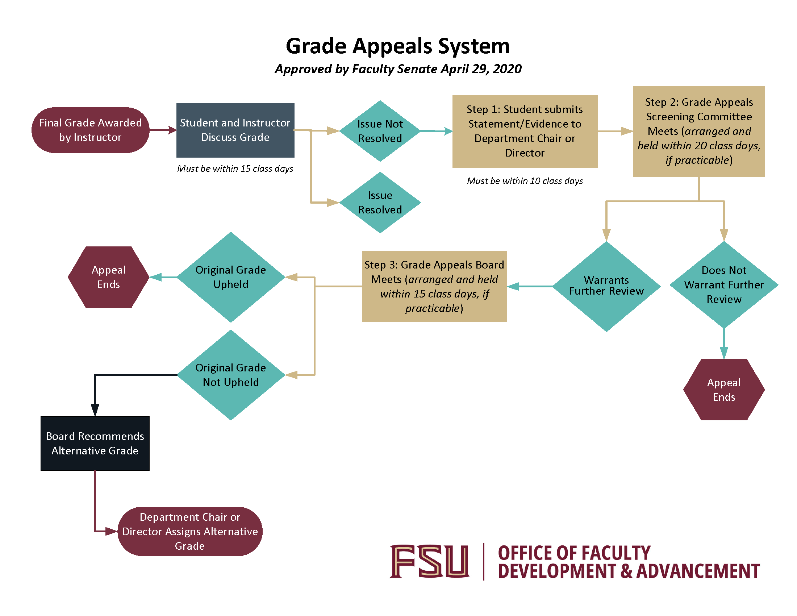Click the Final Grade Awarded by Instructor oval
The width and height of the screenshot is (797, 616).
[x=90, y=130]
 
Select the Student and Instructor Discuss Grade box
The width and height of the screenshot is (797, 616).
[x=235, y=130]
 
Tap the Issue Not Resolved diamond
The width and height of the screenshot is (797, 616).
[x=380, y=131]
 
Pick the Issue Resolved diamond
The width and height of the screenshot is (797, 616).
[x=380, y=203]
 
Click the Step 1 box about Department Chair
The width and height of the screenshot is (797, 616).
[x=525, y=131]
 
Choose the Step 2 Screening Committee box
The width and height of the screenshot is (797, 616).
[x=698, y=131]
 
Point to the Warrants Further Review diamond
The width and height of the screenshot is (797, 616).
[x=606, y=286]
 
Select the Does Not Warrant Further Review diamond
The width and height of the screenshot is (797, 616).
[x=724, y=285]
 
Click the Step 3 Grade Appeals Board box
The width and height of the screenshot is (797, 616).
[x=434, y=287]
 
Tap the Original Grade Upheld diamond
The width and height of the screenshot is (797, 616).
[x=231, y=277]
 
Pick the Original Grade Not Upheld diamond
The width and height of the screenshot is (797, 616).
[x=231, y=375]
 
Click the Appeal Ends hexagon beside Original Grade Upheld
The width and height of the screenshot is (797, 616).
[x=108, y=277]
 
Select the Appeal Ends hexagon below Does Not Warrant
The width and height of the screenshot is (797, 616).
[x=724, y=390]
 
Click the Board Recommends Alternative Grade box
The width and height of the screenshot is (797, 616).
[x=95, y=444]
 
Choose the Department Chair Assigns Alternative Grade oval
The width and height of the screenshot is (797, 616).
[x=190, y=531]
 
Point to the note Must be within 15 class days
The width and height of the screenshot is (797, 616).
[x=235, y=168]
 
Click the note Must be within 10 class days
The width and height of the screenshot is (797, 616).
[x=525, y=181]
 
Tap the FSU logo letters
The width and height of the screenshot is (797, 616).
[x=429, y=561]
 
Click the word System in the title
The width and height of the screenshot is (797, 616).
[x=473, y=46]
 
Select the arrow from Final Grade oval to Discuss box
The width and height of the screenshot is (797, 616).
[x=163, y=130]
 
